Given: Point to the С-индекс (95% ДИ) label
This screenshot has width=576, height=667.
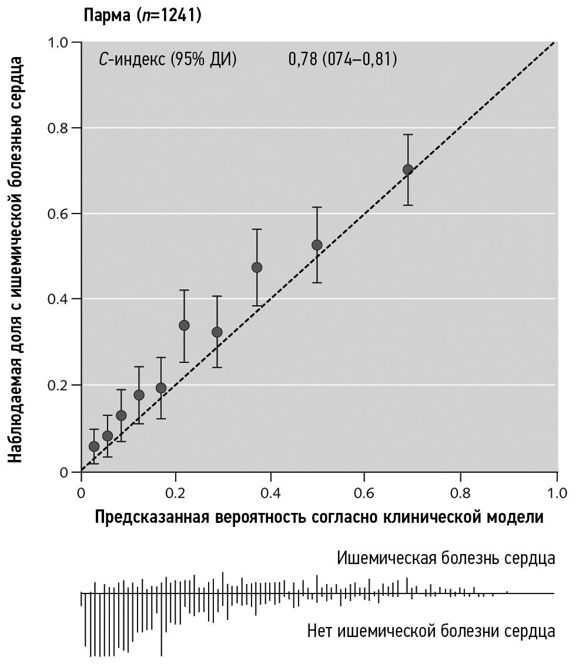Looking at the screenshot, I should (x=168, y=59).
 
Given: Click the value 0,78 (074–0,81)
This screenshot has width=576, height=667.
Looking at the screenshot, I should (x=342, y=59).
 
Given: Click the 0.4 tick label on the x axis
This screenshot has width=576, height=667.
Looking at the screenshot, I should (x=270, y=492).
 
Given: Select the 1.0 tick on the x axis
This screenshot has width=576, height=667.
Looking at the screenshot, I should (x=556, y=492).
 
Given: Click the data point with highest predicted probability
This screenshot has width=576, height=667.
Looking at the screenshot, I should (x=408, y=169).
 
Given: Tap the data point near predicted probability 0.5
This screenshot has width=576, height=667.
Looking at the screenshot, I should (x=317, y=245).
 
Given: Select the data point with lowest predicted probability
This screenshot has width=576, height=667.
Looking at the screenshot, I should (x=94, y=446).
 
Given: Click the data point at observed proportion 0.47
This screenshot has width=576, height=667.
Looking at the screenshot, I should (x=257, y=267).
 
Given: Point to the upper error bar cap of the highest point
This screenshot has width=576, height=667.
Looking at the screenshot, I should (x=408, y=135).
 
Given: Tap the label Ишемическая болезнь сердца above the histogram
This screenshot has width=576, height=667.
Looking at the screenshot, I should (x=446, y=558).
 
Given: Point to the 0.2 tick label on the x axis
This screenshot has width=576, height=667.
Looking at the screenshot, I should (x=175, y=492).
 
